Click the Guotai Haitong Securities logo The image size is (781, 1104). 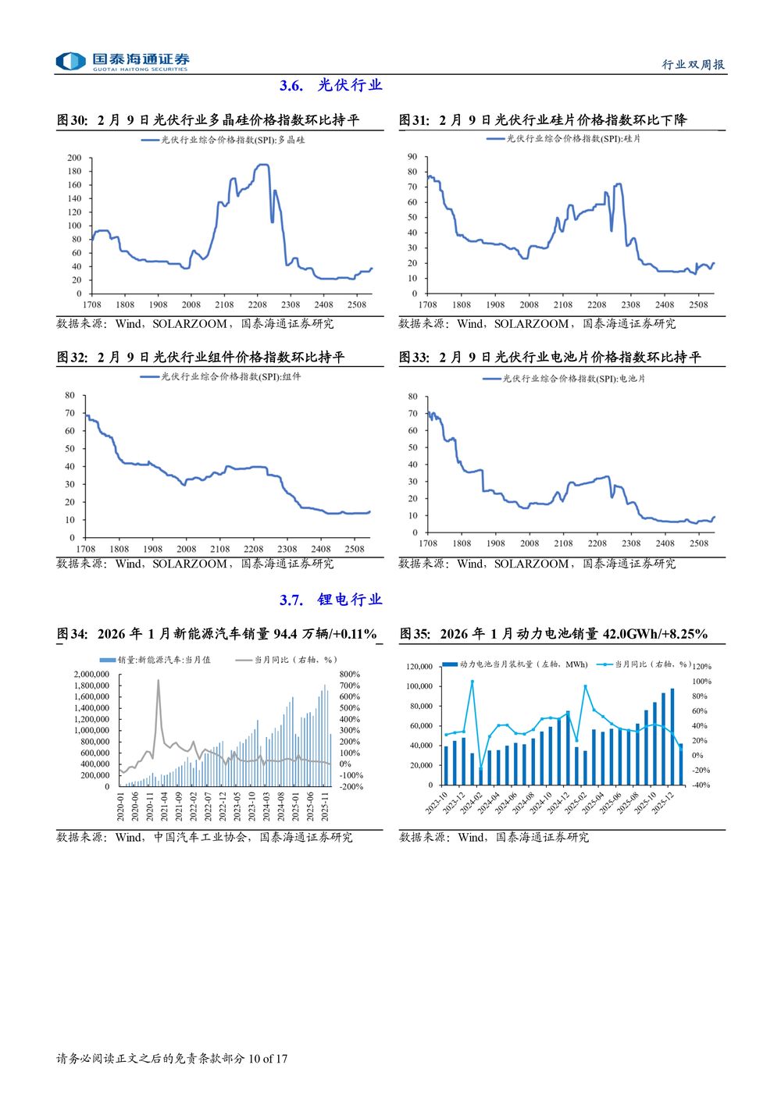(123, 62)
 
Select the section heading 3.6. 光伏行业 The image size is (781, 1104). (330, 86)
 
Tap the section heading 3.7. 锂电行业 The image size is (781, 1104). (330, 600)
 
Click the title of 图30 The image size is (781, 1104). (208, 120)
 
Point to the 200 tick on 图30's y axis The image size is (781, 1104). (74, 158)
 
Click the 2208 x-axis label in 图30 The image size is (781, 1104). (257, 304)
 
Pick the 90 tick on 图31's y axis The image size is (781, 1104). (412, 157)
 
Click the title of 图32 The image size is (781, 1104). (201, 358)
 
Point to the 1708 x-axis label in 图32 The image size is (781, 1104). (86, 549)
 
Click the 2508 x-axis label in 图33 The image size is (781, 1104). (698, 543)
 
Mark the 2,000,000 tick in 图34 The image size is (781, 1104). (91, 674)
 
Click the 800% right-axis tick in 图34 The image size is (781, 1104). (349, 674)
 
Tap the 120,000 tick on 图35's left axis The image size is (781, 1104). (419, 667)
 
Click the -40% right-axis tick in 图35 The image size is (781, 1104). (701, 785)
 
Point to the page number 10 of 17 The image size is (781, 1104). (268, 1059)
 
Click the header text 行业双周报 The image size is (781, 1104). (693, 65)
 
